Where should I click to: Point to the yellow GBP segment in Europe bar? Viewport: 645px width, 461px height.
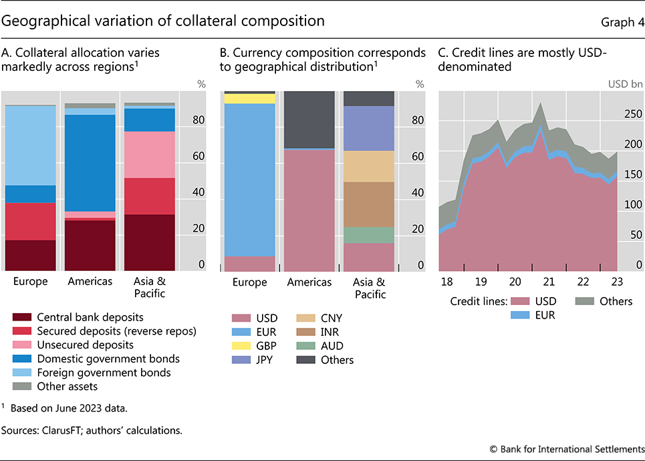click(249, 98)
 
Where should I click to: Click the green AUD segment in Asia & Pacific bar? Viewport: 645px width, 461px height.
click(368, 235)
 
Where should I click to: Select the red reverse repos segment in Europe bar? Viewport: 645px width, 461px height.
click(30, 221)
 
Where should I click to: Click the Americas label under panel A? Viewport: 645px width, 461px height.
click(90, 282)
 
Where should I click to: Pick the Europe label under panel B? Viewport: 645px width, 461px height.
click(249, 282)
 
